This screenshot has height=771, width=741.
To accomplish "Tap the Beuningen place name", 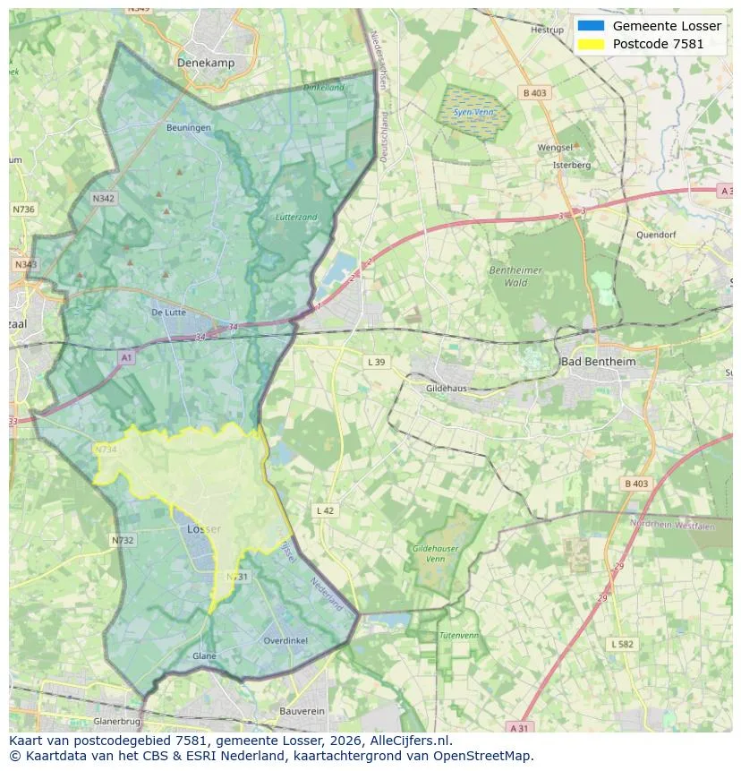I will pyautogui.click(x=189, y=128).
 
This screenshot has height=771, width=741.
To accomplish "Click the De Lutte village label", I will pyautogui.click(x=168, y=313).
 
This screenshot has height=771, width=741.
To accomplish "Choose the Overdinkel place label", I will pyautogui.click(x=285, y=640).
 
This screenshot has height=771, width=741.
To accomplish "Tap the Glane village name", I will pyautogui.click(x=204, y=656).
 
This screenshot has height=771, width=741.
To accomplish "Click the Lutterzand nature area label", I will pyautogui.click(x=296, y=218).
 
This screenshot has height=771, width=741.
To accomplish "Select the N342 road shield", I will pyautogui.click(x=104, y=199).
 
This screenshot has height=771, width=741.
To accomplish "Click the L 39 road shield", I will pyautogui.click(x=377, y=362).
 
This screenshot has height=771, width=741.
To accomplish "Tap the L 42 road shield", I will pyautogui.click(x=325, y=510).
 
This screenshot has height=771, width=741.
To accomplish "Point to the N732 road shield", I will pyautogui.click(x=123, y=540).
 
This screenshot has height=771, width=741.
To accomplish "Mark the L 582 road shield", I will pyautogui.click(x=622, y=644).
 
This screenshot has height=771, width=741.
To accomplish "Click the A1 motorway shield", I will pyautogui.click(x=126, y=357).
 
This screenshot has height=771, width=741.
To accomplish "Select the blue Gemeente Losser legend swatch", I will pyautogui.click(x=591, y=26).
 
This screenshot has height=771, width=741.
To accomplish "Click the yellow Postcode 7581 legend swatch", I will pyautogui.click(x=591, y=44).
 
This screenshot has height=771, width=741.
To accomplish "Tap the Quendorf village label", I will pyautogui.click(x=656, y=235).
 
